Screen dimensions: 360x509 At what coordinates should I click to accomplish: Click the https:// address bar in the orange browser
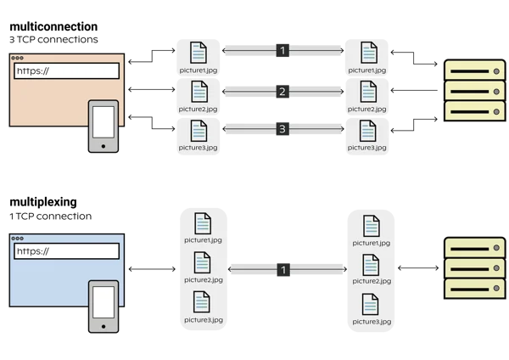point(66,70)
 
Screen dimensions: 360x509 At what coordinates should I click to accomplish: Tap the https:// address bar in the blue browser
point(66,250)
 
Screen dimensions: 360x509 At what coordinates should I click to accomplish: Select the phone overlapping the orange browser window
point(103,127)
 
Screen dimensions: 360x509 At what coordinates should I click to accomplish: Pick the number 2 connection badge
point(282,91)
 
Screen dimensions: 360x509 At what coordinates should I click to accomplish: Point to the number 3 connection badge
point(282,130)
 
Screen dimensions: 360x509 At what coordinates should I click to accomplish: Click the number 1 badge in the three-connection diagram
point(282,51)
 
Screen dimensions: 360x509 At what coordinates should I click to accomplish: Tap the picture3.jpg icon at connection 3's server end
point(367,131)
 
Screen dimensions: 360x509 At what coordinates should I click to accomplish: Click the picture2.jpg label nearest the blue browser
point(203,279)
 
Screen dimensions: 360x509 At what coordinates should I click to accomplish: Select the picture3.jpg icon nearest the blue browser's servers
point(371,305)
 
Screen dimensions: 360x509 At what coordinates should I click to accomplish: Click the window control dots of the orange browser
point(18,59)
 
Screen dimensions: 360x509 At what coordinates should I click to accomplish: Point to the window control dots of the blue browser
point(18,239)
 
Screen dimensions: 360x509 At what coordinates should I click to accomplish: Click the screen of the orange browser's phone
point(103,122)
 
